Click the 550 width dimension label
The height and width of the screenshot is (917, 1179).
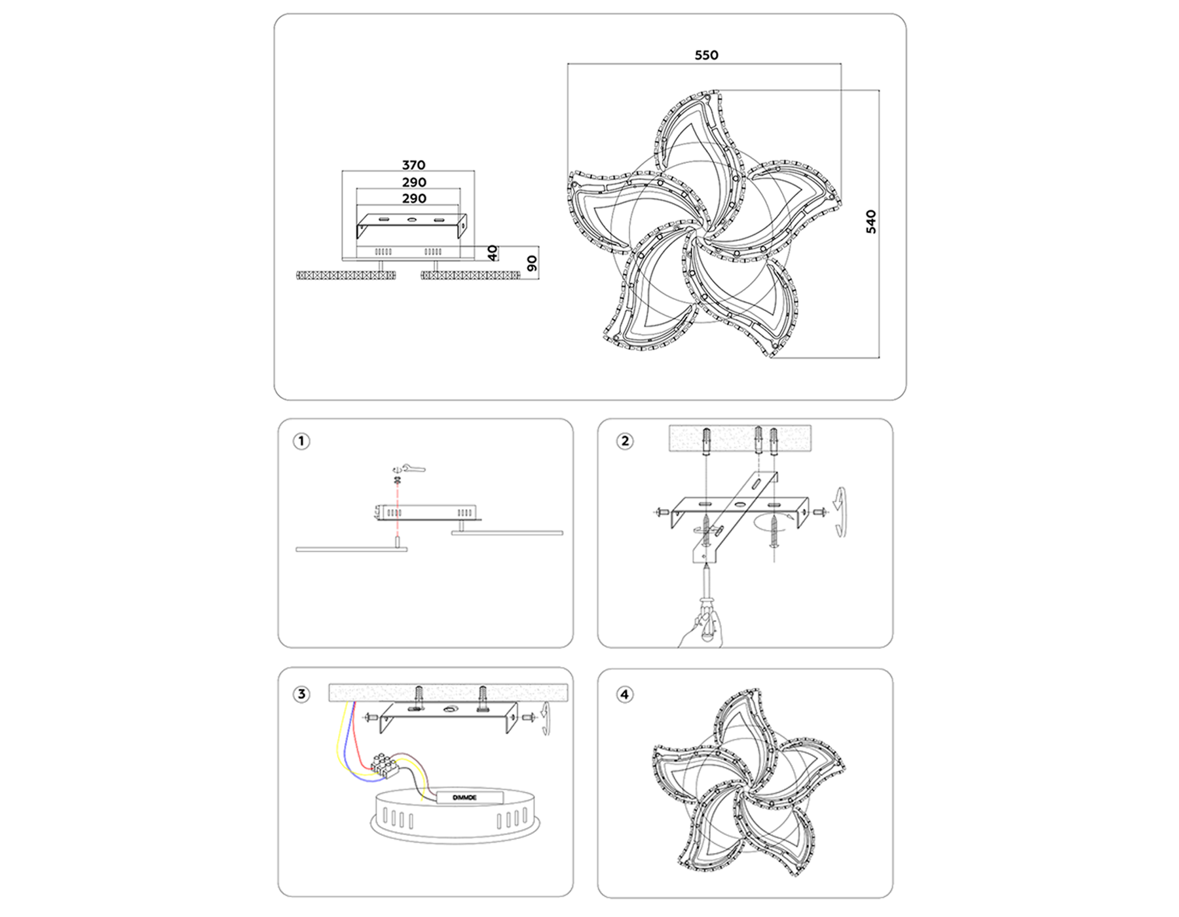coord(706,56)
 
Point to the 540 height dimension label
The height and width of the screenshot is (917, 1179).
coord(870,222)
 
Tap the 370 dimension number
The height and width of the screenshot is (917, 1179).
coord(413,165)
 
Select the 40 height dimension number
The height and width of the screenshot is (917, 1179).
coord(493,253)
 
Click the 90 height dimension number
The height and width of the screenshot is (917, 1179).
coord(532,264)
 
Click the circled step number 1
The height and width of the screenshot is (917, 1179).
coord(301,441)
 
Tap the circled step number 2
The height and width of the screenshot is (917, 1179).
coord(625,441)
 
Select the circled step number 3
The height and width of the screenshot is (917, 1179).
coord(301,694)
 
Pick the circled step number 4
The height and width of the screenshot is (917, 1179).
coord(625,694)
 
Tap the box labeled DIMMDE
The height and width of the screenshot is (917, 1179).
coord(466,796)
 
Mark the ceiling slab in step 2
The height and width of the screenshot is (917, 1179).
coord(739,438)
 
